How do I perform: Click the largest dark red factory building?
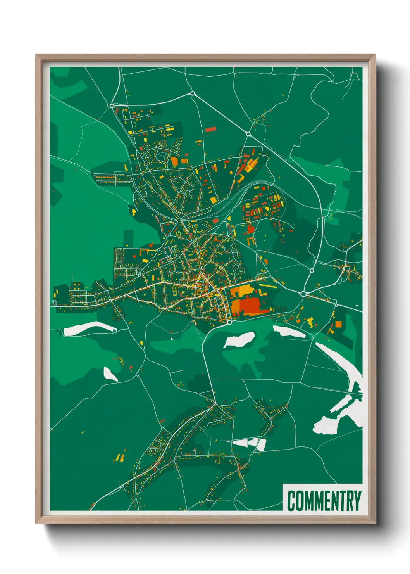[x=252, y=305]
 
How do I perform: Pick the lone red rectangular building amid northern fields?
[x=210, y=130]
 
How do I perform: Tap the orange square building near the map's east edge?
[x=338, y=324]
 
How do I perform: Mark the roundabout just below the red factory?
[x=229, y=322]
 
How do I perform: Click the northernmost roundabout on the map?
[x=192, y=93]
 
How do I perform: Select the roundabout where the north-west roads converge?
[x=112, y=105]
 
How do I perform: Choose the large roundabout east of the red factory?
[x=303, y=294]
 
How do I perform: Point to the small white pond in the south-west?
[x=110, y=374]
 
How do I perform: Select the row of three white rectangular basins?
[x=250, y=444]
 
